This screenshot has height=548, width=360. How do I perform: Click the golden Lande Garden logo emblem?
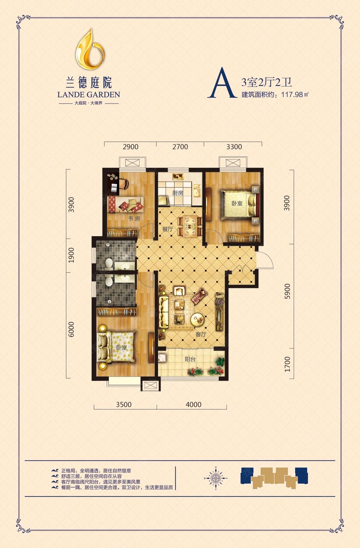[90, 49]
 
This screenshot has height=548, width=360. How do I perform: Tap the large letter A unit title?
[222, 83]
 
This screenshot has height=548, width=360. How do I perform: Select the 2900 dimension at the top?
[130, 147]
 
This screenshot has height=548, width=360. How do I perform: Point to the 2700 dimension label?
[180, 147]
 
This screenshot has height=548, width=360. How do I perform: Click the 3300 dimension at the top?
[234, 147]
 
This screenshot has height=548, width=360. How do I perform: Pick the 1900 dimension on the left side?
[71, 255]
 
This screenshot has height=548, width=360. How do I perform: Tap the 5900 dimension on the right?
[287, 291]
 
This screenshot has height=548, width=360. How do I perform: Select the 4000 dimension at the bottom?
[194, 405]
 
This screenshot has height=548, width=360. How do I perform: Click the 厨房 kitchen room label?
[178, 193]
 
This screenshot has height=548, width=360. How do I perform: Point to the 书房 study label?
[134, 219]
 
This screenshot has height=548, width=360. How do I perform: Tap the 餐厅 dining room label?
[168, 229]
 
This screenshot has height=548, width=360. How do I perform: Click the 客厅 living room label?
[201, 335]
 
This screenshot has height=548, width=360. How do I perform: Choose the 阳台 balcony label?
[190, 359]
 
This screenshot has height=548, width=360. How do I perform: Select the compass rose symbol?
[216, 478]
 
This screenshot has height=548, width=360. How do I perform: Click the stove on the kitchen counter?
[178, 176]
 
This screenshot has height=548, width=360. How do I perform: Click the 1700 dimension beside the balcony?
[287, 364]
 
